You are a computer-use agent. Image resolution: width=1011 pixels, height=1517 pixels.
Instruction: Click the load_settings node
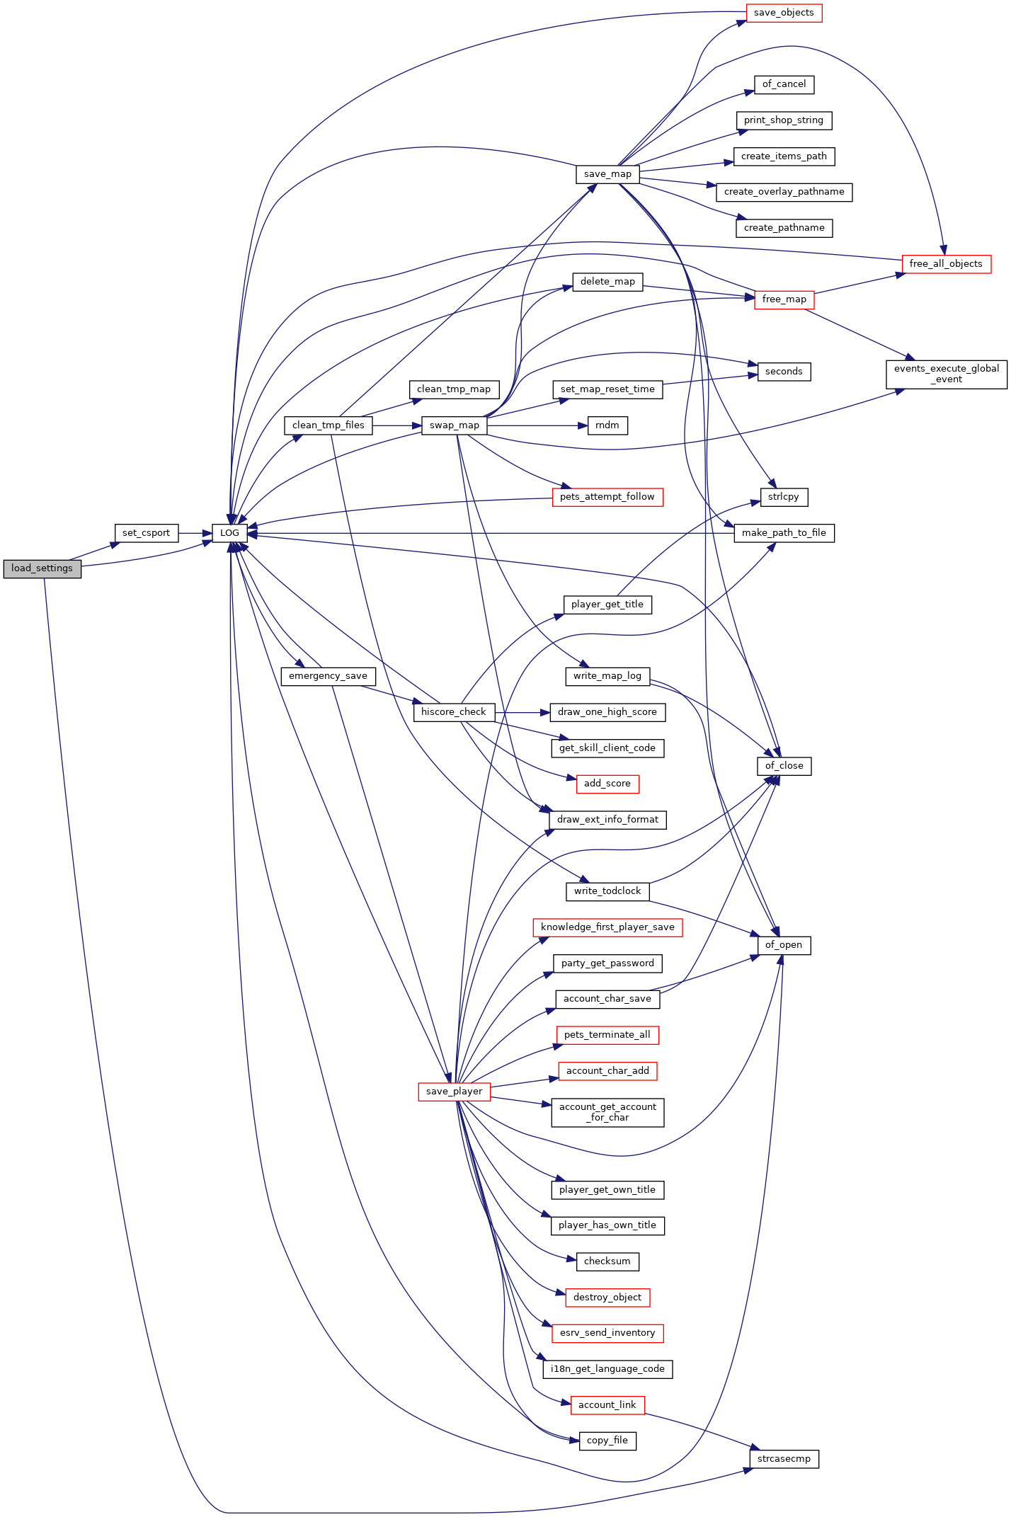(42, 568)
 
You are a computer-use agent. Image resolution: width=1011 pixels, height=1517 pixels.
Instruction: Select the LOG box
(229, 533)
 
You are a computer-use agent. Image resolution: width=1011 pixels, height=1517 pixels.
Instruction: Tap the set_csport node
(147, 533)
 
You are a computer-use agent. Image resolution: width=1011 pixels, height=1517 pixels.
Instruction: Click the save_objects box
(784, 13)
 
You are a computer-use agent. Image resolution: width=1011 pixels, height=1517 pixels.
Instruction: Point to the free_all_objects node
(946, 264)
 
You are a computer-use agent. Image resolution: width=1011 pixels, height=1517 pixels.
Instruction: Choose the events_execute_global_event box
(947, 374)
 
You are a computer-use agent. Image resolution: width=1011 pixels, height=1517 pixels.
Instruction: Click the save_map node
(607, 174)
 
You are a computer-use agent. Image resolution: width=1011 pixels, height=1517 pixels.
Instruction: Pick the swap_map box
(454, 425)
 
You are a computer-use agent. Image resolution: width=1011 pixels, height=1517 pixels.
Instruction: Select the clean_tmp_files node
(328, 425)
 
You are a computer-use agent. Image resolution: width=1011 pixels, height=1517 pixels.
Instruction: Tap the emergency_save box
(328, 676)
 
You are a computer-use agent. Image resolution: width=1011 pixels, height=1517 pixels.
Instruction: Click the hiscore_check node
(454, 712)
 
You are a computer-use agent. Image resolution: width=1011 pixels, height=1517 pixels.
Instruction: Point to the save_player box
(454, 1092)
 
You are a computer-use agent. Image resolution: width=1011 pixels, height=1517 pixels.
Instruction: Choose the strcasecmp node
(784, 1459)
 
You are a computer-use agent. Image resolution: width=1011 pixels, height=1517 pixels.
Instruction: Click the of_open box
(784, 945)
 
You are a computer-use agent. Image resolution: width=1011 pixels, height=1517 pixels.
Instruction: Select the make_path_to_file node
(784, 533)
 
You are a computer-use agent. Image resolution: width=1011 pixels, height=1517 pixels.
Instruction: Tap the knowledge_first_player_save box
(607, 927)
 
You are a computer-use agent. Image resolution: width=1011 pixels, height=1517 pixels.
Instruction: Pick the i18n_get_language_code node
(607, 1369)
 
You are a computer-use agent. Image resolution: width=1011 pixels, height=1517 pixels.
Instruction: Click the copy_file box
(607, 1441)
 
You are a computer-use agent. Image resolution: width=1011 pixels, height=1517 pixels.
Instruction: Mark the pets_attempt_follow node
(607, 497)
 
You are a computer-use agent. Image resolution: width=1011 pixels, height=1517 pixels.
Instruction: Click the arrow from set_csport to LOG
(195, 533)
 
